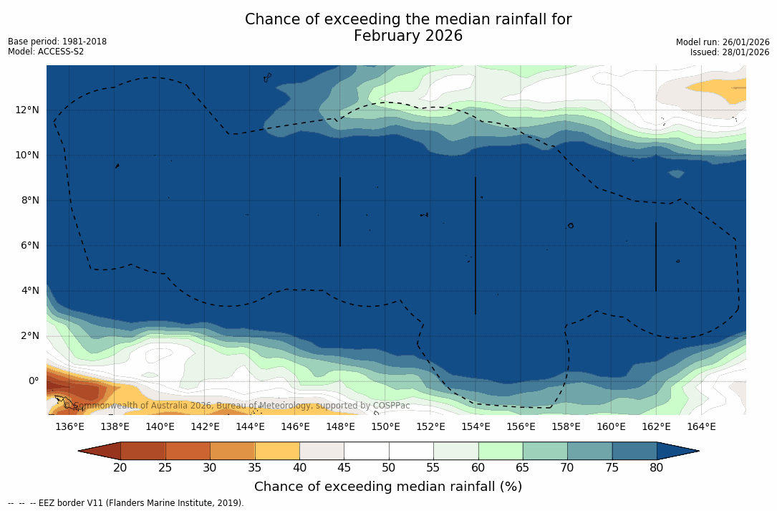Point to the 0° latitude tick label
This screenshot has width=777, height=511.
pos(33,381)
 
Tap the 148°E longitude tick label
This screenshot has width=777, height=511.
pos(340,426)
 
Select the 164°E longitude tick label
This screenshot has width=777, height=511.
pos(701,426)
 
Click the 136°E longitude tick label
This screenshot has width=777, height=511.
pos(69,426)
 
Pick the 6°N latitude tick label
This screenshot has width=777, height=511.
pos(30,245)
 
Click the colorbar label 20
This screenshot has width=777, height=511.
pos(120,468)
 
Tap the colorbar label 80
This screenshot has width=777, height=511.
pos(657,468)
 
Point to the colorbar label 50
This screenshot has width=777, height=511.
pos(389,468)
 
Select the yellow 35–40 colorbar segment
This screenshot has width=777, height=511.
pos(277,451)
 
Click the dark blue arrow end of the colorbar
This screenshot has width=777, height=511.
pos(677,451)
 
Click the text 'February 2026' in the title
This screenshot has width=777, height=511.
pos(408,36)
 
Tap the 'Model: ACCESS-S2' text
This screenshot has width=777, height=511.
pos(46,52)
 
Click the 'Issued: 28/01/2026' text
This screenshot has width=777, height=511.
pos(729,52)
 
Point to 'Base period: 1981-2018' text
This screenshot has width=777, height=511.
pos(57,42)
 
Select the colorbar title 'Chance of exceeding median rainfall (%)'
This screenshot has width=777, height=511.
pos(388,487)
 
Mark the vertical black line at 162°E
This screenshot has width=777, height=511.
pos(656,257)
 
